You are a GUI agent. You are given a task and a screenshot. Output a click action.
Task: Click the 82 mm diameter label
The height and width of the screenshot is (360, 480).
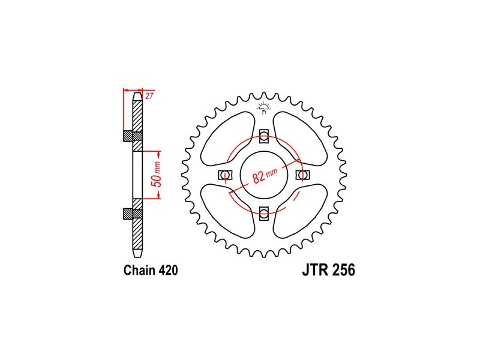[x=265, y=175]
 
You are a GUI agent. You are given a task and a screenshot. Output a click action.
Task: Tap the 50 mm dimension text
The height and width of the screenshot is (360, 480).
[x=157, y=175]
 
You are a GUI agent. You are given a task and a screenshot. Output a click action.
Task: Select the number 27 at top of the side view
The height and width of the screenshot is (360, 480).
[x=149, y=96]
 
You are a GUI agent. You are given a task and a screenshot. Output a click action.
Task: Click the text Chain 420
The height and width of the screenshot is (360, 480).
[x=151, y=271]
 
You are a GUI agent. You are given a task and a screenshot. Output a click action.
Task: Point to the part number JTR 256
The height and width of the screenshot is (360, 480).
[x=328, y=271]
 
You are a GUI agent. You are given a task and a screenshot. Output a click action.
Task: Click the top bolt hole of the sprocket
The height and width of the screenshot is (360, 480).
[x=263, y=136]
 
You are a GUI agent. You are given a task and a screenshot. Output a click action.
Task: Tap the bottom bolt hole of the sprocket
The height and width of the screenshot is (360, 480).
[x=263, y=214]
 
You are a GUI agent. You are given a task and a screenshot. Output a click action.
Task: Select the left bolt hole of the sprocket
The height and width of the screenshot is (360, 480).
[x=226, y=175]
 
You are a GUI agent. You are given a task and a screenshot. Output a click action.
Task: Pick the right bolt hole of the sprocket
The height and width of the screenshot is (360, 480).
[x=302, y=175]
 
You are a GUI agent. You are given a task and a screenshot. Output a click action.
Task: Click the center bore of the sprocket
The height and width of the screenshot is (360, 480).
[x=264, y=175]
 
